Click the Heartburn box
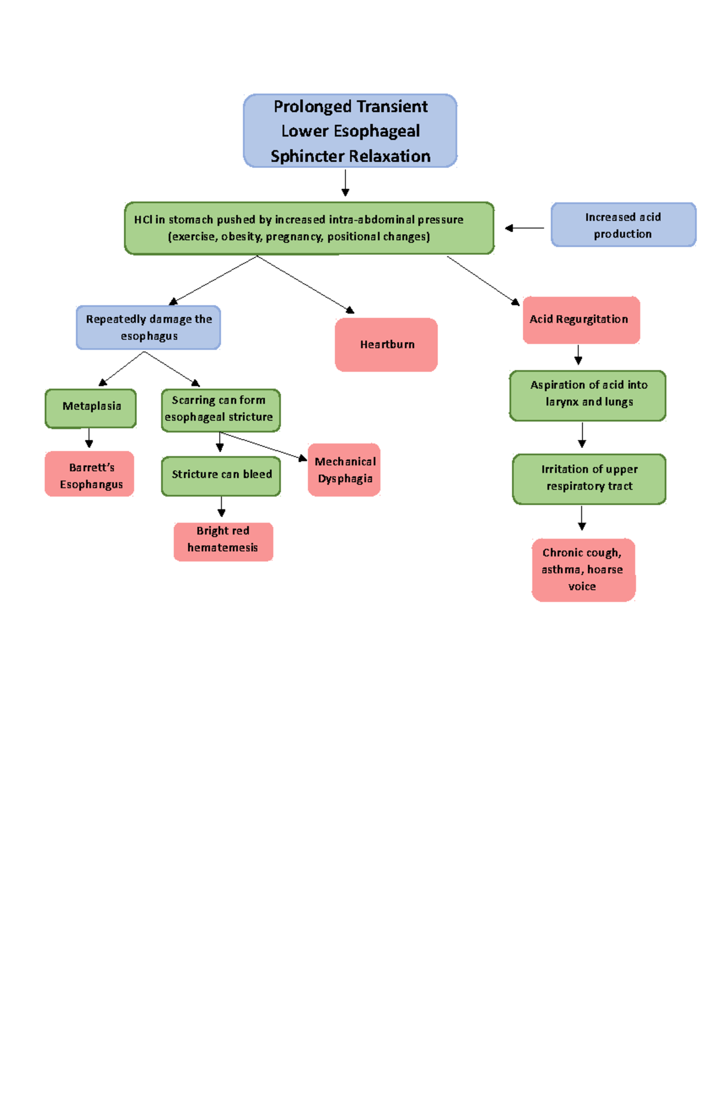386,345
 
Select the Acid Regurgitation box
581,320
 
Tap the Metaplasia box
91,408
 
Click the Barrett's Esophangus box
90,474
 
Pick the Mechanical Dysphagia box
344,470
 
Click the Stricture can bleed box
220,475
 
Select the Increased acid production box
623,225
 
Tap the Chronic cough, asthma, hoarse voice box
583,570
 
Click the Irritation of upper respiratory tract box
589,478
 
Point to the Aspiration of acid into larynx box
588,395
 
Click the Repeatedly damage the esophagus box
148,327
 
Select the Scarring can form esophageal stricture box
220,410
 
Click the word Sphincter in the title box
308,156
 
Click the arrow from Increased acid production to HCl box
524,228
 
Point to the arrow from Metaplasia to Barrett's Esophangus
89,438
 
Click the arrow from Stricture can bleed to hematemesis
221,506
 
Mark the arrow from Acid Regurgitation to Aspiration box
578,355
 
